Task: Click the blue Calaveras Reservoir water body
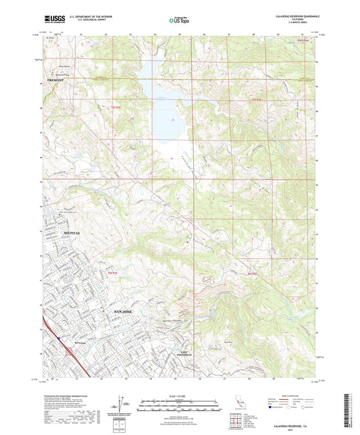tap(161, 108)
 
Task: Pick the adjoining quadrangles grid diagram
tap(238, 421)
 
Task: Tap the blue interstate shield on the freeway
tap(59, 340)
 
